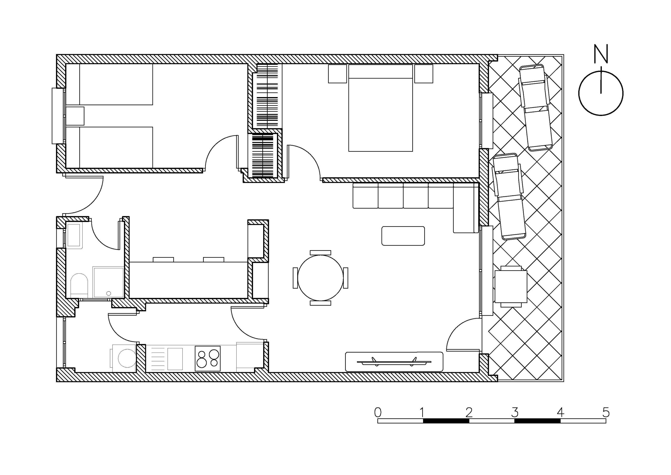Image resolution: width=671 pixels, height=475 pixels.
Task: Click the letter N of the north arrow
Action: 601,54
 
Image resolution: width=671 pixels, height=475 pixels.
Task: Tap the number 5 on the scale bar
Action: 606,412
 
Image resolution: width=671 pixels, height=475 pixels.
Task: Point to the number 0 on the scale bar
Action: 378,412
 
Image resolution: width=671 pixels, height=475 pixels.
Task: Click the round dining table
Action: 321,277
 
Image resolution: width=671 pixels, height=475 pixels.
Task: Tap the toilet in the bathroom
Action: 79,285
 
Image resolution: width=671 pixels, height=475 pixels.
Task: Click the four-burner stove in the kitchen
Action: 208,359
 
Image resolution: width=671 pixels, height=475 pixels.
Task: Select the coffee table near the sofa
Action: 403,236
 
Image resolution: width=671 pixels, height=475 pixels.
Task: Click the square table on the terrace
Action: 511,287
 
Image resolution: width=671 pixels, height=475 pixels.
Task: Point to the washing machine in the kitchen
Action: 124,358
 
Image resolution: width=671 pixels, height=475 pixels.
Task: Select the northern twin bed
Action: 109,84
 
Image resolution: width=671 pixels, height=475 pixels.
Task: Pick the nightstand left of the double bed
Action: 337,74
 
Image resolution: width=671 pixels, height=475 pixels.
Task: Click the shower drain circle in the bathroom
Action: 109,293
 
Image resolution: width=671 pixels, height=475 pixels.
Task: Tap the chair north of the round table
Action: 320,253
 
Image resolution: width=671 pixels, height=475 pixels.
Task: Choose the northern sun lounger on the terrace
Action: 536,108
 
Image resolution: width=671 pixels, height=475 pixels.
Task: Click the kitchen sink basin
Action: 175,359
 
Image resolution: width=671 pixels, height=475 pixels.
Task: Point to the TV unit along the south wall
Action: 394,362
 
